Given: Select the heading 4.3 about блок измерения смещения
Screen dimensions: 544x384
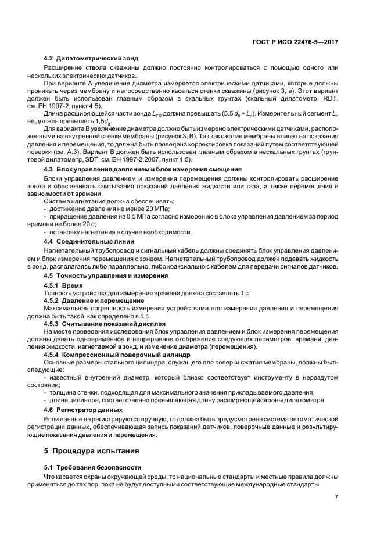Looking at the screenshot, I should click(x=143, y=169).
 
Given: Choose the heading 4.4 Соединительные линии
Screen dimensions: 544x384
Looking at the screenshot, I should click(x=89, y=241).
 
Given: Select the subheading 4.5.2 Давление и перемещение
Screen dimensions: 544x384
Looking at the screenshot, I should click(x=94, y=300).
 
